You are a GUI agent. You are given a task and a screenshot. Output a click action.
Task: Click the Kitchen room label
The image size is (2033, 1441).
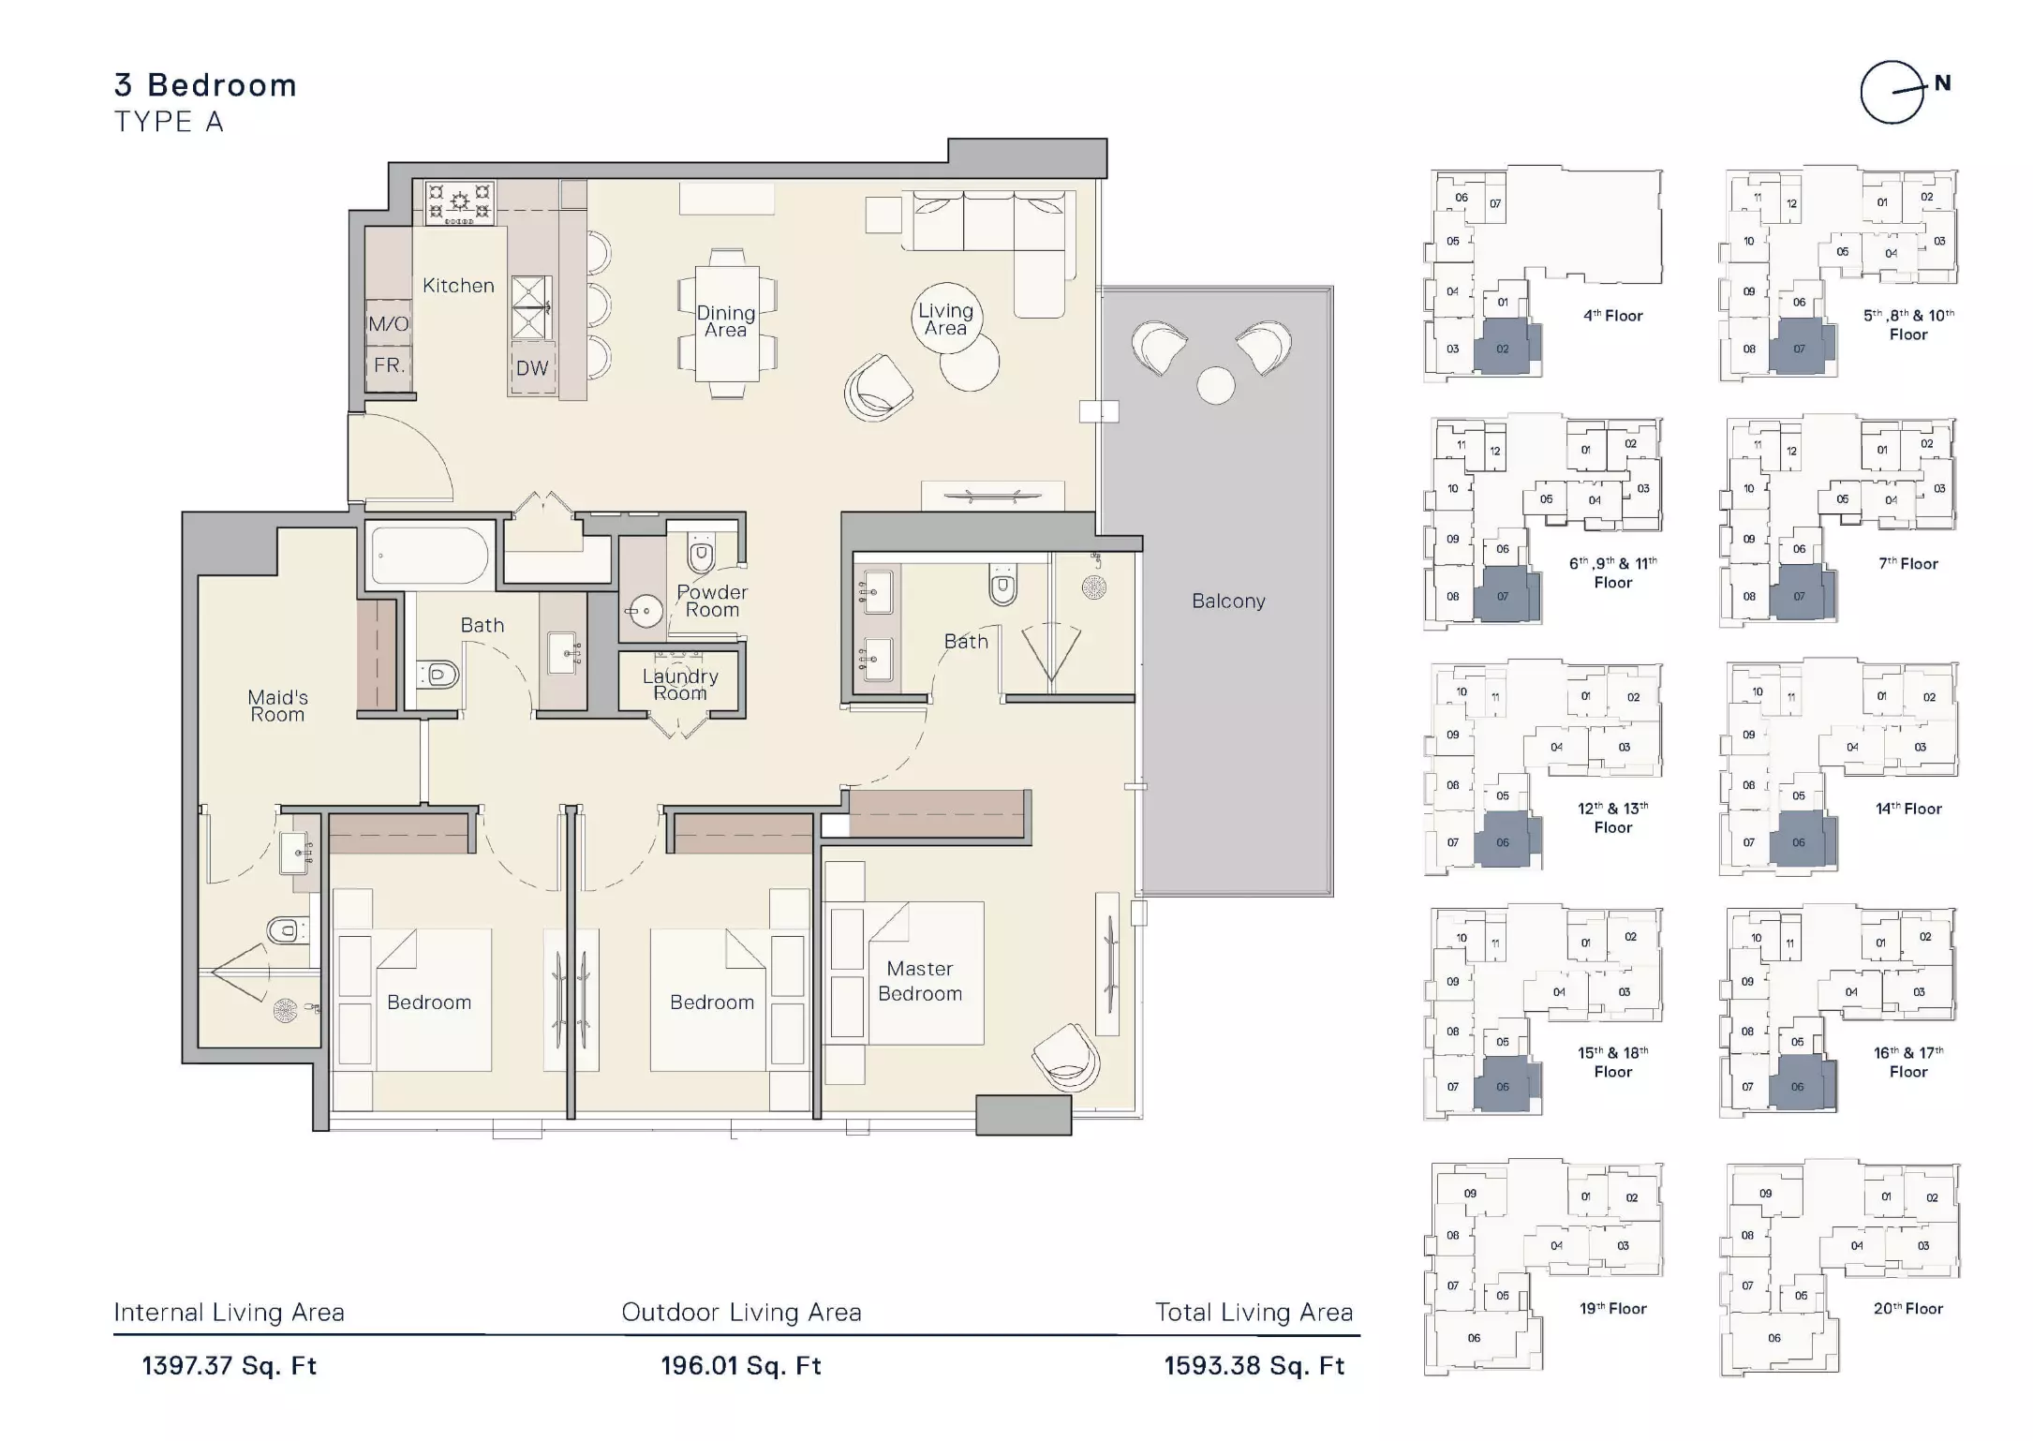[458, 286]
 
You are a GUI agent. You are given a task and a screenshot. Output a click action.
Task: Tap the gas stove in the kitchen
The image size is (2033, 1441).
[459, 202]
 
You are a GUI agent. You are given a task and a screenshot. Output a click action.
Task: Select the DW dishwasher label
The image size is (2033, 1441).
[532, 368]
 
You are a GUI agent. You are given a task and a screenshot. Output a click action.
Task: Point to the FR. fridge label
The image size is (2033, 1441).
[389, 365]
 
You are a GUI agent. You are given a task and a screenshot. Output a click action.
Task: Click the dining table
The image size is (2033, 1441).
[727, 323]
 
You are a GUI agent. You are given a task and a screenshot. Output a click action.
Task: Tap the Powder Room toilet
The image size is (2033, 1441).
[701, 555]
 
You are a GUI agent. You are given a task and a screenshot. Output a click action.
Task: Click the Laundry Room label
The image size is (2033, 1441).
[680, 685]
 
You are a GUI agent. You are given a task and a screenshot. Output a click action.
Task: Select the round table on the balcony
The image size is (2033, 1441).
[1216, 385]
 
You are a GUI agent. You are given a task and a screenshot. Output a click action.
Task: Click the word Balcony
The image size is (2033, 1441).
[1228, 602]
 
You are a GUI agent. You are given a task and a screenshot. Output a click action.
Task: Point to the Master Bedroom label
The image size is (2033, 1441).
[920, 981]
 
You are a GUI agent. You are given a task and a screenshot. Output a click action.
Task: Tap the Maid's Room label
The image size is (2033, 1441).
[277, 706]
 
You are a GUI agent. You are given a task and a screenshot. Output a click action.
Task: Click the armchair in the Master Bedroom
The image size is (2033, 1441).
[1066, 1057]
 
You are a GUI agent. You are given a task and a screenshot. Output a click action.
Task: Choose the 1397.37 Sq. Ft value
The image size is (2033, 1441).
[230, 1366]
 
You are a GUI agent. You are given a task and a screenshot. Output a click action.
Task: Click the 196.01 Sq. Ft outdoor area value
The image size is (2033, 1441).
[741, 1366]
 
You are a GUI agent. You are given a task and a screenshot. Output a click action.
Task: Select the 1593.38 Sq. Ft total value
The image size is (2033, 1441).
[1254, 1366]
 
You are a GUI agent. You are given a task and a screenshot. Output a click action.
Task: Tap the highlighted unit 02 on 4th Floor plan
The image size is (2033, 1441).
[1503, 347]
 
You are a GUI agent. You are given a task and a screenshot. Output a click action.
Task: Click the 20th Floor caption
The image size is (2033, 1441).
[1908, 1309]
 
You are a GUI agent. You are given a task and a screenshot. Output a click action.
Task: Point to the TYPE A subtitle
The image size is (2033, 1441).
[169, 122]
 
